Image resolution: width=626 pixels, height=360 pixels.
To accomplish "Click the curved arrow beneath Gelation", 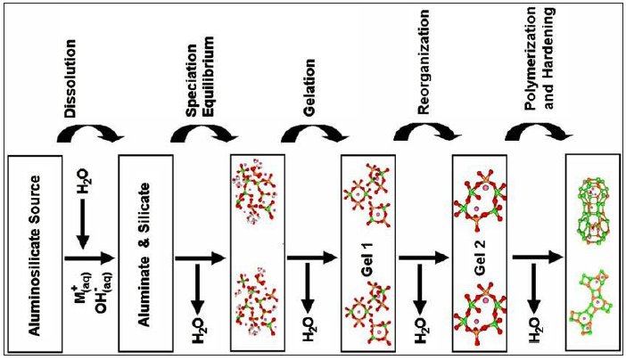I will click(309, 134).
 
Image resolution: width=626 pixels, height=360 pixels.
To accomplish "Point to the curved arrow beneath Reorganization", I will click(421, 134).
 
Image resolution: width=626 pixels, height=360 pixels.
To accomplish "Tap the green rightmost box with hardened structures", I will click(591, 252).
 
